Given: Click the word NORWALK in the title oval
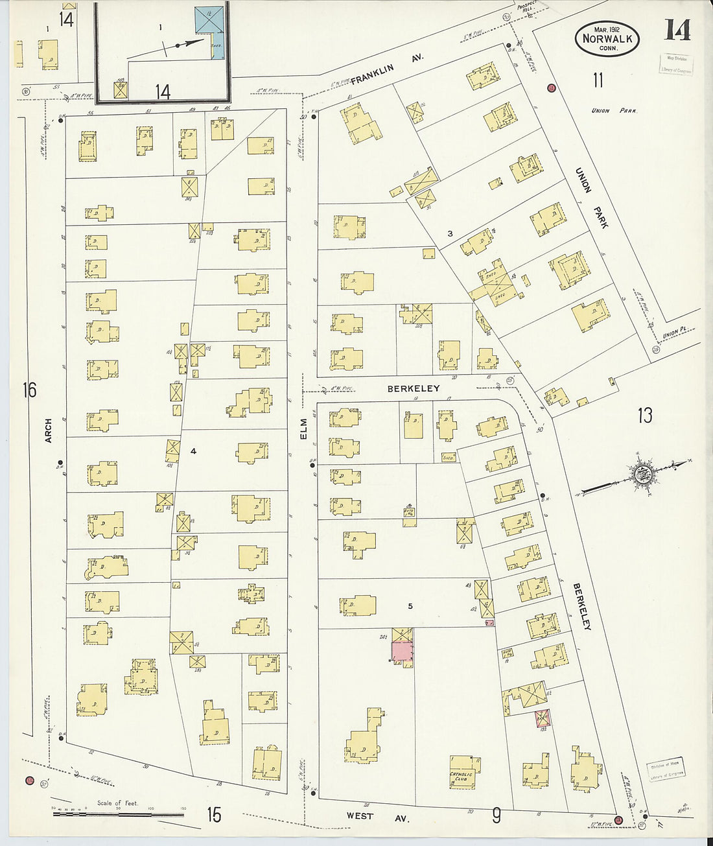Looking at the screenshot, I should tap(607, 38).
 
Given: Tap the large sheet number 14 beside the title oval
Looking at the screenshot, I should tap(677, 30).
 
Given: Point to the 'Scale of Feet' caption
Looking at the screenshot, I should tap(117, 803).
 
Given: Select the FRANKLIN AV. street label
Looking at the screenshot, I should tap(386, 70).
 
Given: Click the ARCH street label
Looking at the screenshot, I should tap(48, 431).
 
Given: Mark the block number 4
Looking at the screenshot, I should tap(193, 450).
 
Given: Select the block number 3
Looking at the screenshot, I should tap(449, 233).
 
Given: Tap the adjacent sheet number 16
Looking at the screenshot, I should tap(29, 390).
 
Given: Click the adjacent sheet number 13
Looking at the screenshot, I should tap(644, 415).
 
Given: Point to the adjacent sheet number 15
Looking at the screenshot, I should tap(214, 814).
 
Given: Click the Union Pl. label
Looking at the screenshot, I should tap(678, 333).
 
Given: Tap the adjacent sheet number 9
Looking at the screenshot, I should tap(496, 815).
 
